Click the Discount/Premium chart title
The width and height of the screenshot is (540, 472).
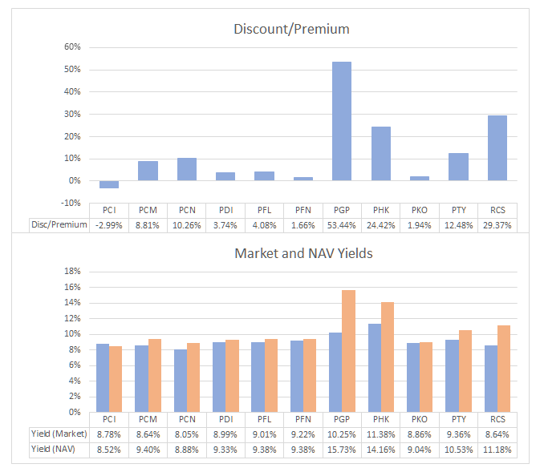291,30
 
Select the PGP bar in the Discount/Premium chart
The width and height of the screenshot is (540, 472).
342,121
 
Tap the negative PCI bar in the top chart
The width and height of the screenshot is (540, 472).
110,184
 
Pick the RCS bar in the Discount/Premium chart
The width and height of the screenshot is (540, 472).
497,148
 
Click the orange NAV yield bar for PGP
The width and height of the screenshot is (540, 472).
348,351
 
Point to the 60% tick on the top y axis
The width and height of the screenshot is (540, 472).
71,47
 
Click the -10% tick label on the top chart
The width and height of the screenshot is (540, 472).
70,203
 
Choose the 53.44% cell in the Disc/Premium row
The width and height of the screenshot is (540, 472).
342,225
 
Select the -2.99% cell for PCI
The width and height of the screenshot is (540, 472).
109,225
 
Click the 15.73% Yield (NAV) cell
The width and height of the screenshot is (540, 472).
342,450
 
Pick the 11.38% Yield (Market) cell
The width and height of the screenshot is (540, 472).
380,434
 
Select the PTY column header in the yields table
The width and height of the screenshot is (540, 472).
458,419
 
